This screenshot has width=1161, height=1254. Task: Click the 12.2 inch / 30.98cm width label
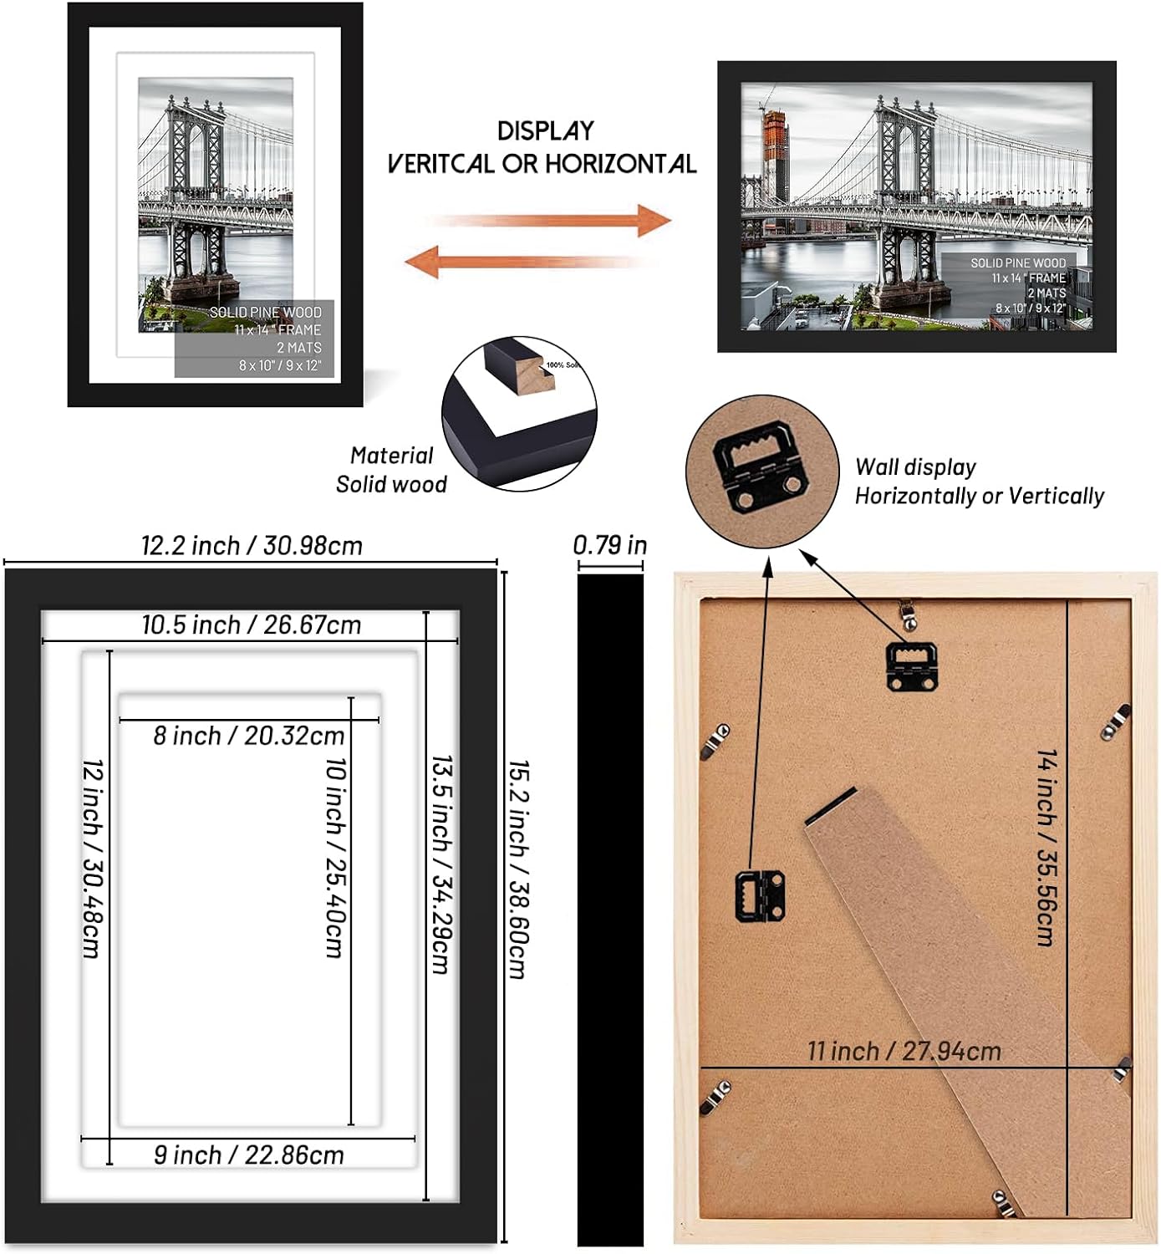(252, 546)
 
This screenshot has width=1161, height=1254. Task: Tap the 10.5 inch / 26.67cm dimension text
(251, 624)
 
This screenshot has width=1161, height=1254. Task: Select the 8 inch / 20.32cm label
(248, 736)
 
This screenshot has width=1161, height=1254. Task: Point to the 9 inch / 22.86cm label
(248, 1155)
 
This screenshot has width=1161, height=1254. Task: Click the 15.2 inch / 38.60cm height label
(518, 869)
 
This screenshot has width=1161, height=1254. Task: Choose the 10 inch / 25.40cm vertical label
(335, 857)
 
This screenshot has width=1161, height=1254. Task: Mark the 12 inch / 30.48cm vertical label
(92, 858)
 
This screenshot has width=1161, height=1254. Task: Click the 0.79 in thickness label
(609, 545)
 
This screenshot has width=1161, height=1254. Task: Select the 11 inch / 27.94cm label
(904, 1051)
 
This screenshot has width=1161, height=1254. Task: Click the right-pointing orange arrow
(552, 221)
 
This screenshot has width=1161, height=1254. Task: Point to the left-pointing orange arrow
(527, 262)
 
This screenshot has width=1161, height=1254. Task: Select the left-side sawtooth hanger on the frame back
(760, 895)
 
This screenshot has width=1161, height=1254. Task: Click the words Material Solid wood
(391, 470)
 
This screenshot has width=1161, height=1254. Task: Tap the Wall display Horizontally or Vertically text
(979, 482)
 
